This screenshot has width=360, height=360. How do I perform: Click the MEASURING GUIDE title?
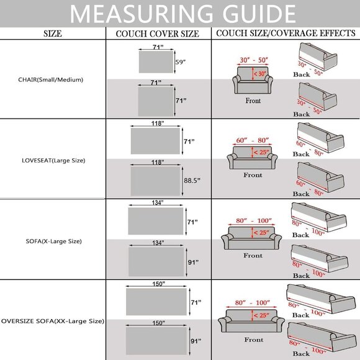[182, 14]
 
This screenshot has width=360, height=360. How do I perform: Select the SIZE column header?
[53, 34]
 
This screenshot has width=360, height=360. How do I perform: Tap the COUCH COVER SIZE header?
[158, 34]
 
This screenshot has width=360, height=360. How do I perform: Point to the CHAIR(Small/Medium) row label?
[50, 80]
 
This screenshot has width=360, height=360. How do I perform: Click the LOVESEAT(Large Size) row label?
[53, 161]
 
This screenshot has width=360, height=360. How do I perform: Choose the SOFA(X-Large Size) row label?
[54, 241]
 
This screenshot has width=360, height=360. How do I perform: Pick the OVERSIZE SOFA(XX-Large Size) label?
[53, 321]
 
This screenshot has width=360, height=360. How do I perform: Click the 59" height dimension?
[181, 62]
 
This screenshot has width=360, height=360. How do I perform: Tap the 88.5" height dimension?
[192, 181]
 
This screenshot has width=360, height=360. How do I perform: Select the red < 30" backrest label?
[259, 74]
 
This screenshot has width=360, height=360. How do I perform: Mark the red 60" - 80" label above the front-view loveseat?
[253, 140]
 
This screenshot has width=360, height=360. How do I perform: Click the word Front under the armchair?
[253, 101]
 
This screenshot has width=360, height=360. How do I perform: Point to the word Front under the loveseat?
[253, 175]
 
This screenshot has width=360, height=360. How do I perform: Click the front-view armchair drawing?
[253, 80]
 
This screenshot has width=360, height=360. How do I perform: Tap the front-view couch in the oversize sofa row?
[251, 321]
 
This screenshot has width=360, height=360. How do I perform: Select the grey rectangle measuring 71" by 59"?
[156, 62]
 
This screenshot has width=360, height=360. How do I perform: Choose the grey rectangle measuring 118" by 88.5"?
[155, 181]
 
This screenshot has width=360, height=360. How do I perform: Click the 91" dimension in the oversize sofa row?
[196, 341]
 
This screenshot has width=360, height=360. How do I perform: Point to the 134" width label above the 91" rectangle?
[158, 243]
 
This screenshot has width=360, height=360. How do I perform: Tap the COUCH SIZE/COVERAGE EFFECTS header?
[286, 34]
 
